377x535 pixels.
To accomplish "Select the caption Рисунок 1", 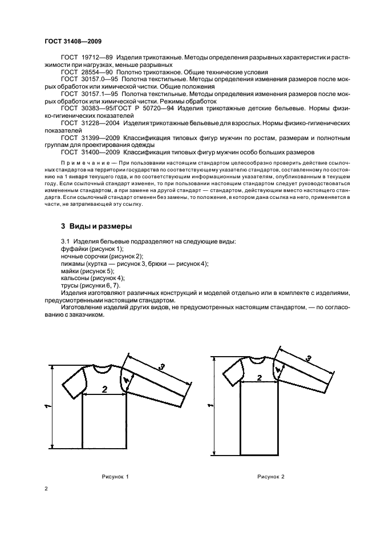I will coord(116,476).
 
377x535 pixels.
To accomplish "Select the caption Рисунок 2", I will coord(270,476).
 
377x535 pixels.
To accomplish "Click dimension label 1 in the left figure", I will coord(48,406).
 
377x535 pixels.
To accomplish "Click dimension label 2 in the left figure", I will coord(104,389).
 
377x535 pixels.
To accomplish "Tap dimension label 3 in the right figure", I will coord(309,358).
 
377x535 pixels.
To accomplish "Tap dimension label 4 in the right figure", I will coord(277,370).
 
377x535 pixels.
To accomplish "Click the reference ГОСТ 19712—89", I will coord(86,58).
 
